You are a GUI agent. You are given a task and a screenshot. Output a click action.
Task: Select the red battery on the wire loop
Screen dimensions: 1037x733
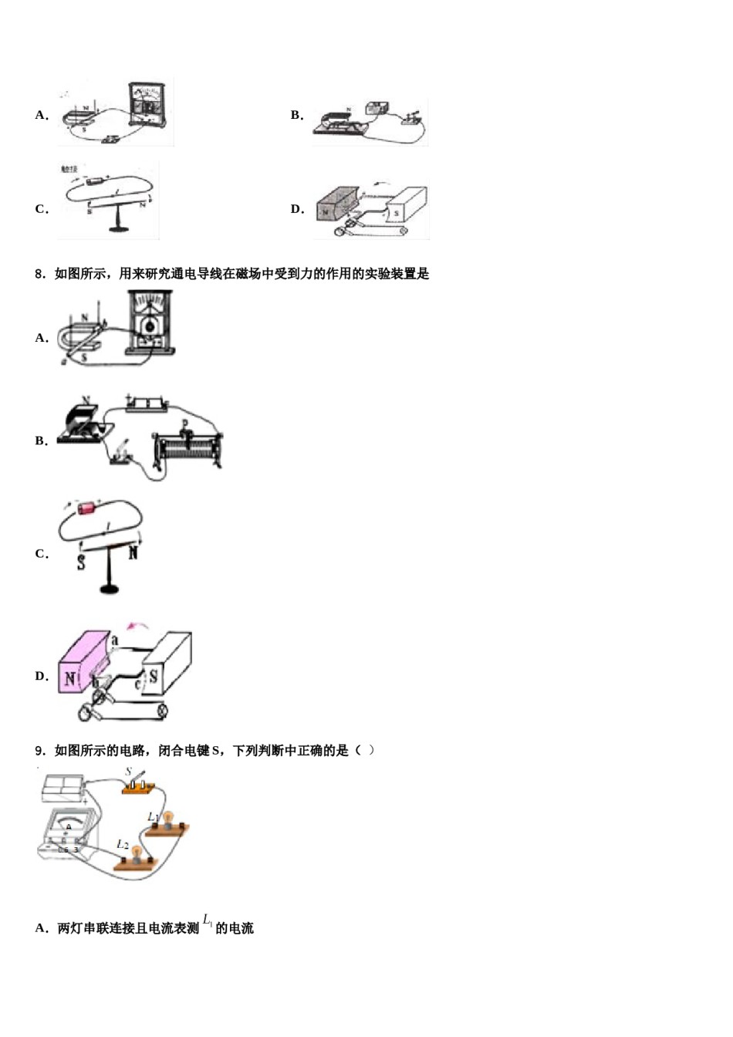pyautogui.click(x=86, y=508)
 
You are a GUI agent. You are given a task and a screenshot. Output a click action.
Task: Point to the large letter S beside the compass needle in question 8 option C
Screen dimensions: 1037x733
pyautogui.click(x=81, y=562)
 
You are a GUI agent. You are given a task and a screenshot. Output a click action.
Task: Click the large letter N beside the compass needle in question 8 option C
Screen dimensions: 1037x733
pyautogui.click(x=133, y=552)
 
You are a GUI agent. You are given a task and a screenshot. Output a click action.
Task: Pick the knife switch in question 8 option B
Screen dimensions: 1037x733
pyautogui.click(x=121, y=455)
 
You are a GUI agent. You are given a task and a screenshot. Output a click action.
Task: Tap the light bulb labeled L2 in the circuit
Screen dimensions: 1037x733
pyautogui.click(x=137, y=855)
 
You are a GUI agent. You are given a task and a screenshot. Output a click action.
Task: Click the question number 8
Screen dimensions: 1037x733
pyautogui.click(x=40, y=274)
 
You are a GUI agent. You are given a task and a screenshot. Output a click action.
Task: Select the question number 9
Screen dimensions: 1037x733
pyautogui.click(x=40, y=751)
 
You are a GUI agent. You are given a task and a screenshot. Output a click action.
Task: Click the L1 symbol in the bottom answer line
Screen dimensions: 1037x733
pyautogui.click(x=208, y=920)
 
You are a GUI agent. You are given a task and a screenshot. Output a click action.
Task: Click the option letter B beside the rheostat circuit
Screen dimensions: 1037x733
pyautogui.click(x=41, y=441)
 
